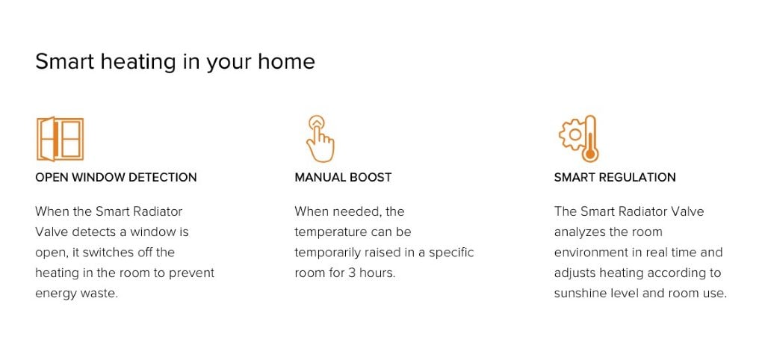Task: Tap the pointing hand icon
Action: pyautogui.click(x=320, y=139)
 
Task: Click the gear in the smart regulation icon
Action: pyautogui.click(x=572, y=134)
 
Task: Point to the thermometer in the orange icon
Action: pyautogui.click(x=590, y=139)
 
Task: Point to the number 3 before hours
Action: pyautogui.click(x=352, y=273)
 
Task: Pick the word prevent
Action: pyautogui.click(x=192, y=273)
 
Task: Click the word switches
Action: pyautogui.click(x=108, y=252)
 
